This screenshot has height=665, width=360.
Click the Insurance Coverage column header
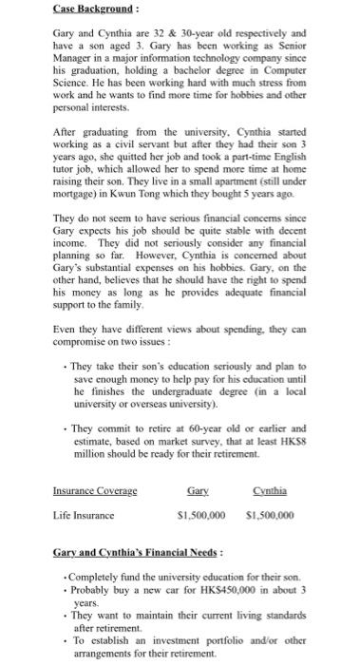94,491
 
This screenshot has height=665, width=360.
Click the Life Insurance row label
83,516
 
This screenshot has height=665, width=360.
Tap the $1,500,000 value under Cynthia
270,516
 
